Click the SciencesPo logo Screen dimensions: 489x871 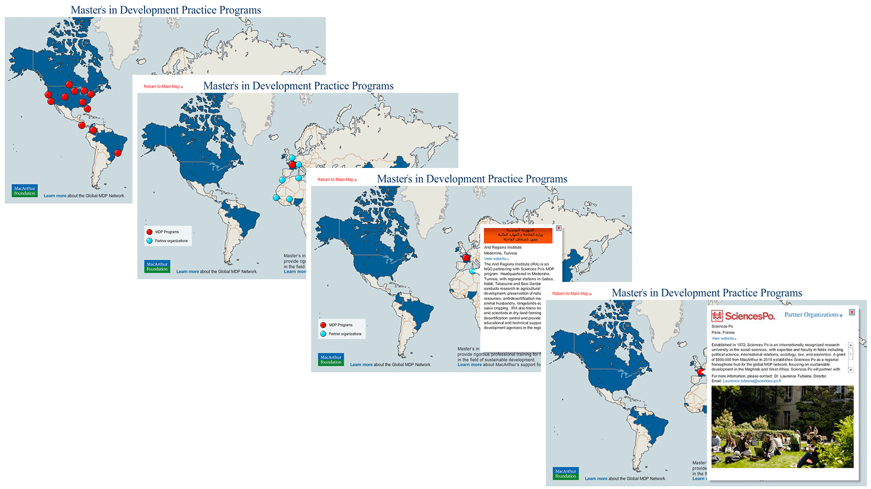(x=743, y=316)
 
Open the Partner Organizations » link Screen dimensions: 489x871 (x=813, y=315)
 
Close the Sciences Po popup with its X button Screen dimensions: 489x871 (x=852, y=312)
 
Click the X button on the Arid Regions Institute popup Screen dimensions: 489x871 (x=558, y=228)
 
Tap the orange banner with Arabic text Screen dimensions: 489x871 (x=517, y=235)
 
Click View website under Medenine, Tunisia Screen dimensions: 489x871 (x=495, y=259)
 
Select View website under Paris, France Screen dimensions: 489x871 (x=723, y=339)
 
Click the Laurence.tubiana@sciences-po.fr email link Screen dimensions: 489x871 (x=752, y=381)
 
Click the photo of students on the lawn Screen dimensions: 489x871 (x=782, y=426)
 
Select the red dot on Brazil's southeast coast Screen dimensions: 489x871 (x=118, y=153)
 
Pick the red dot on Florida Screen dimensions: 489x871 (x=87, y=109)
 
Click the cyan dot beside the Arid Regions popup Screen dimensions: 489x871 (x=472, y=271)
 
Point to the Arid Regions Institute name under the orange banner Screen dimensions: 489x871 (x=503, y=247)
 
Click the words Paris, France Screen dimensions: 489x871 (x=723, y=333)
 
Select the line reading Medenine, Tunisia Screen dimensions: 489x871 (x=500, y=253)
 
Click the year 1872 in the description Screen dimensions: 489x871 (x=740, y=345)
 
